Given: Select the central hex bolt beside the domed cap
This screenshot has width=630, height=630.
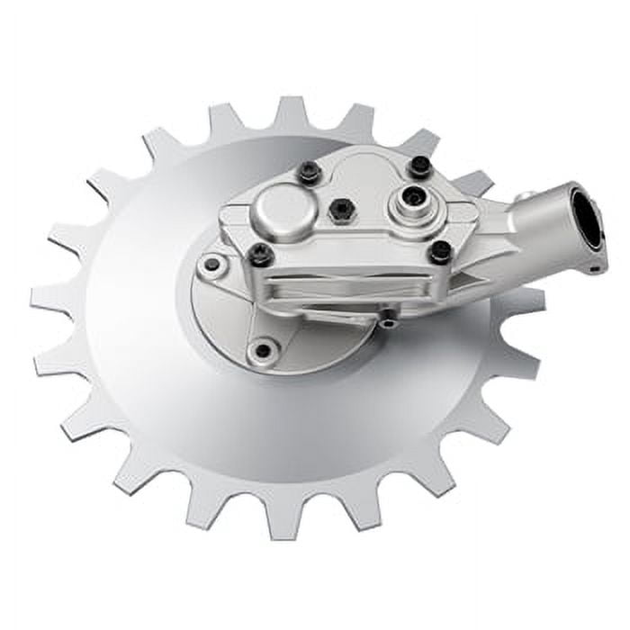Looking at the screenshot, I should [x=341, y=210].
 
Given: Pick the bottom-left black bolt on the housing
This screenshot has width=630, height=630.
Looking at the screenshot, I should [x=261, y=255].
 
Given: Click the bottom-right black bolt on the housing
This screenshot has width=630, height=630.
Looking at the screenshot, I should [x=440, y=252].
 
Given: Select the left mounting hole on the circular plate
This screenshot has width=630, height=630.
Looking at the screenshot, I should [x=213, y=265].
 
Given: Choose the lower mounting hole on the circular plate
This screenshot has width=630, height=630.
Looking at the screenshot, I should [x=262, y=350].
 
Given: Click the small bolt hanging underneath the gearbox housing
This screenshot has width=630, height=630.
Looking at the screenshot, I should [x=388, y=319].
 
